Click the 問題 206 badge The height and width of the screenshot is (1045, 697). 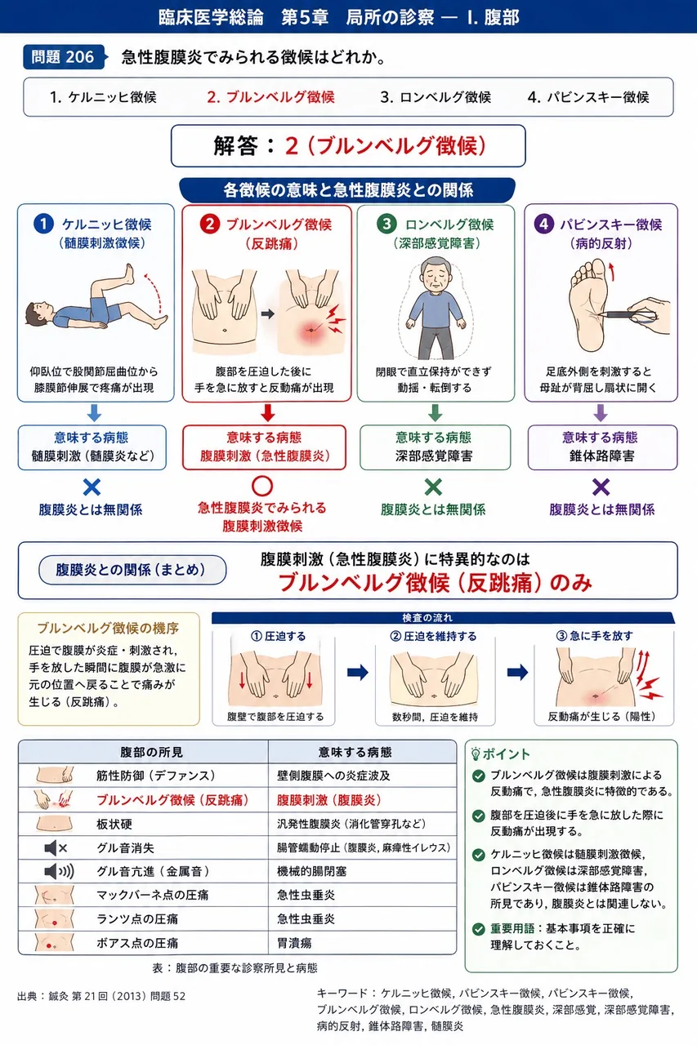pos(64,57)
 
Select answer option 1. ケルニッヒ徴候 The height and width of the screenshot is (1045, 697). pos(103,97)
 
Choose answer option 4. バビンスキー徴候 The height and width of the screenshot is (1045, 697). pos(588,97)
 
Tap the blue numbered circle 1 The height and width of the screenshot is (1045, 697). pos(44,224)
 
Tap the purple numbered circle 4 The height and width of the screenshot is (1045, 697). pos(544,224)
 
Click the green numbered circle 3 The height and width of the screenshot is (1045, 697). pos(386,224)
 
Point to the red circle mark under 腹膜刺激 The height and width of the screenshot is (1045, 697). pos(262,486)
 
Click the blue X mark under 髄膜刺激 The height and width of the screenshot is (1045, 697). pos(92,487)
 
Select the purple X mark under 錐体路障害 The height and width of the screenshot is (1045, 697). pos(601,487)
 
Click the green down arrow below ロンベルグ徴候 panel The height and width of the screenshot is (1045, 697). pos(435,413)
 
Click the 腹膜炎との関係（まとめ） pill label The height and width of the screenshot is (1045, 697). pos(132,570)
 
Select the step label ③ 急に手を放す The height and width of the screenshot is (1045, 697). pos(595,636)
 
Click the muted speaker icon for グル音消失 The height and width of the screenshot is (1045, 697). pos(56,847)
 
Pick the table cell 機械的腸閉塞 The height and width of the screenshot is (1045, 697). pos(312,871)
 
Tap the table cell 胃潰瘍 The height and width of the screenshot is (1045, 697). pos(294,943)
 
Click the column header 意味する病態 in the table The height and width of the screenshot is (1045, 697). pos(355,752)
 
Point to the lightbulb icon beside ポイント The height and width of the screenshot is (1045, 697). pos(476,754)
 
